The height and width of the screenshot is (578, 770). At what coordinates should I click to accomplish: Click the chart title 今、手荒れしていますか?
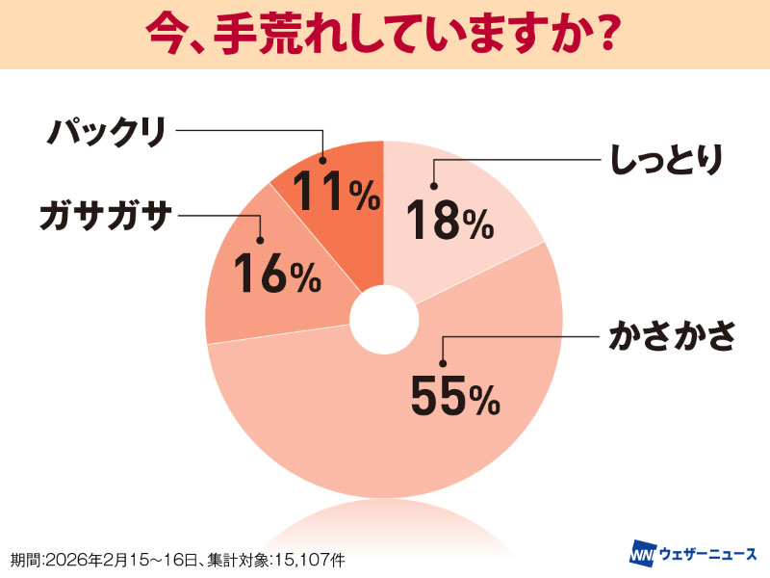coord(384,35)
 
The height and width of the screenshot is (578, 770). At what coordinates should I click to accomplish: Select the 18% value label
coord(449,221)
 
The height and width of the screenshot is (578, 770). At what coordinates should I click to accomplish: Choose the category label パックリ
coord(108,131)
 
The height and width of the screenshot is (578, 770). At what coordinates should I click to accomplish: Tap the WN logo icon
coord(642,556)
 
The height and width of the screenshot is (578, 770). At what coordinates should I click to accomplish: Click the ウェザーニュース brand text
coord(708,556)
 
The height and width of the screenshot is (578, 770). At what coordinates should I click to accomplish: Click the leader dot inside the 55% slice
coord(442,363)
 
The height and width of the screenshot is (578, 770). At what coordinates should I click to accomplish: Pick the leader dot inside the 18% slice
coord(433,187)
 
